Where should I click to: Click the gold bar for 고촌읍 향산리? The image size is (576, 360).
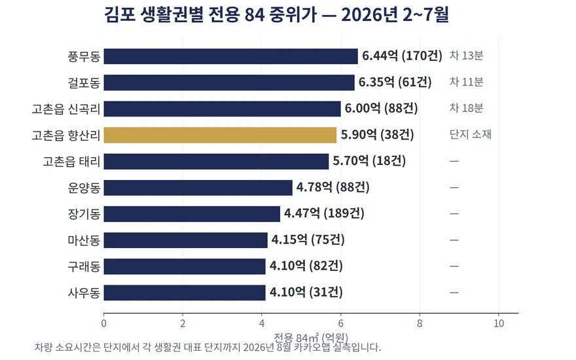220,135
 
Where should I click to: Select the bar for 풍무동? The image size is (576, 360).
230,56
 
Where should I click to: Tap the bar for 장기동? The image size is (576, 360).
192,214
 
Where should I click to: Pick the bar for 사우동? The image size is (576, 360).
185,293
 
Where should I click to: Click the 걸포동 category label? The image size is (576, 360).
84,82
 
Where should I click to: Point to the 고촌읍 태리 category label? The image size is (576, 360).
71,161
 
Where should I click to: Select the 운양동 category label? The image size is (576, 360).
84,188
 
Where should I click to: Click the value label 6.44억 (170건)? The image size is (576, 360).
403,56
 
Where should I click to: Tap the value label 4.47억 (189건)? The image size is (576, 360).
324,213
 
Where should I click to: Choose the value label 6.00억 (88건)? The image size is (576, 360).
382,109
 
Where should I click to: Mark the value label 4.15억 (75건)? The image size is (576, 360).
308,240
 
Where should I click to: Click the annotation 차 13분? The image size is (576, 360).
466,56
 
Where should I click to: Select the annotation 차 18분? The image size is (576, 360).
466,109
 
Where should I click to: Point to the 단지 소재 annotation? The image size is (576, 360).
470,134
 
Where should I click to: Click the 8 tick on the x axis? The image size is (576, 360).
420,323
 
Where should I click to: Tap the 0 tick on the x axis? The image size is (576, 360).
103,323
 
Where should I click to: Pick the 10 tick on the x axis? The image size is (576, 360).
499,323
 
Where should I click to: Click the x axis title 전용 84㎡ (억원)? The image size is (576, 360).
311,337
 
